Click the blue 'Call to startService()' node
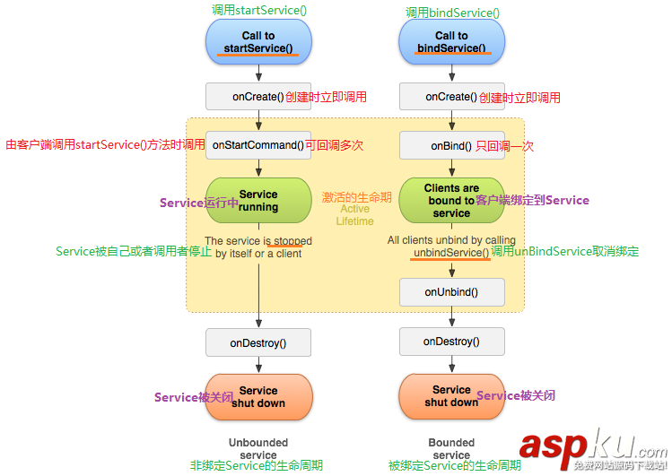click(258, 41)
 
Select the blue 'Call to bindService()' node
click(451, 41)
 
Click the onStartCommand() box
click(257, 145)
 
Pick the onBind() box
click(450, 145)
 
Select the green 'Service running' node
click(258, 201)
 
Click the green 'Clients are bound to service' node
click(451, 201)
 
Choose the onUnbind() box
click(451, 291)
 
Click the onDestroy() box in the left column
click(258, 342)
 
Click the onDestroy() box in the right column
click(451, 342)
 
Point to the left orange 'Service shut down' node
click(258, 397)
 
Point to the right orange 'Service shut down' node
click(451, 396)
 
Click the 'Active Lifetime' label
click(354, 215)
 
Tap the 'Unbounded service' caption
click(258, 448)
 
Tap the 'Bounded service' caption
click(451, 448)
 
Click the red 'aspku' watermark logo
click(592, 446)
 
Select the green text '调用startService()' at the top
click(257, 10)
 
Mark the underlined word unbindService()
click(451, 253)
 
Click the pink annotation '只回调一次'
click(504, 145)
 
